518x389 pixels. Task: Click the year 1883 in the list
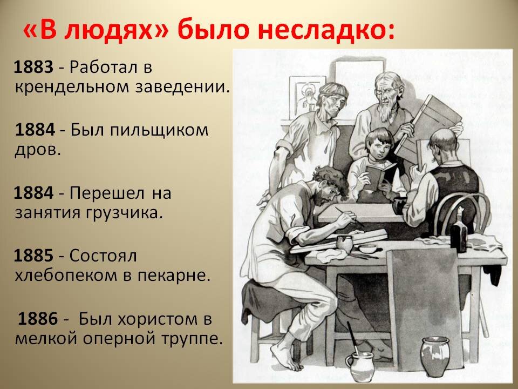pyautogui.click(x=33, y=67)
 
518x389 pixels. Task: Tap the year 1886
pyautogui.click(x=38, y=319)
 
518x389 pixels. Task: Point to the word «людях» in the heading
pyautogui.click(x=101, y=31)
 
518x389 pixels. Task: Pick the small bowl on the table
pyautogui.click(x=369, y=249)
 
